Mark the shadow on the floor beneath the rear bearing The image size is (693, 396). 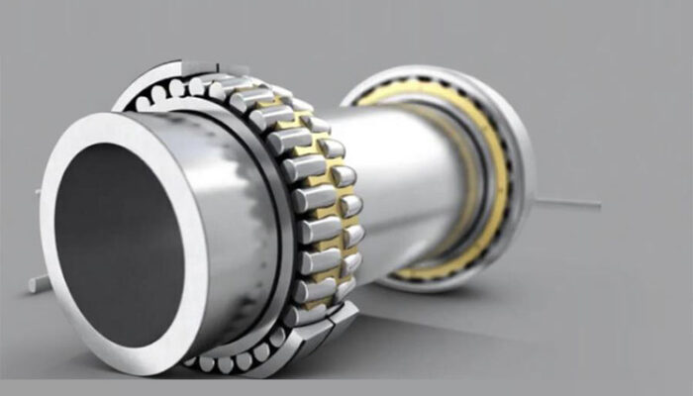pyautogui.click(x=465, y=297)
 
